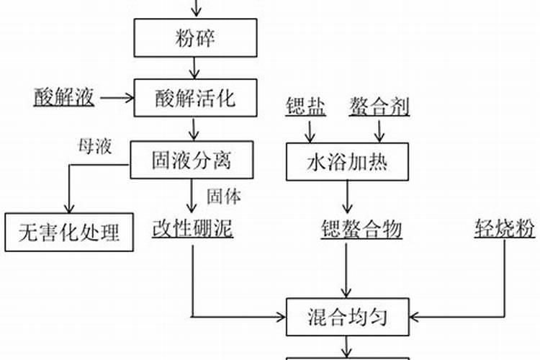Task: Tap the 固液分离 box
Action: click(192, 159)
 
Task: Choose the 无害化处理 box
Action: click(69, 232)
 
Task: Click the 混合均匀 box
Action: click(348, 315)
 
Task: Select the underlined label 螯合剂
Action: click(379, 107)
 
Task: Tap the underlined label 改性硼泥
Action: click(192, 229)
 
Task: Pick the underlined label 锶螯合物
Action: click(361, 229)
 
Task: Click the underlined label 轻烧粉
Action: click(504, 229)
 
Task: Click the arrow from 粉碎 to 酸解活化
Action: click(193, 68)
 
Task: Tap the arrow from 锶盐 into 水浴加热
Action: click(310, 131)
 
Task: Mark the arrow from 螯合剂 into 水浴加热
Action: click(379, 131)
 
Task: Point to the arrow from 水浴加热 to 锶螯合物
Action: click(348, 196)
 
